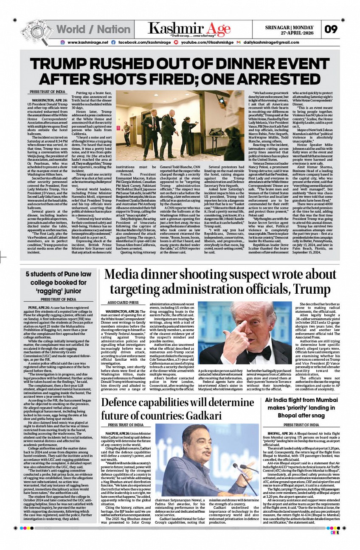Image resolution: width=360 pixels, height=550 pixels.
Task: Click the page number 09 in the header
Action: [x=331, y=29]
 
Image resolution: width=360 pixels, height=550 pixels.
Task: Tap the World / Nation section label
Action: [x=93, y=29]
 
